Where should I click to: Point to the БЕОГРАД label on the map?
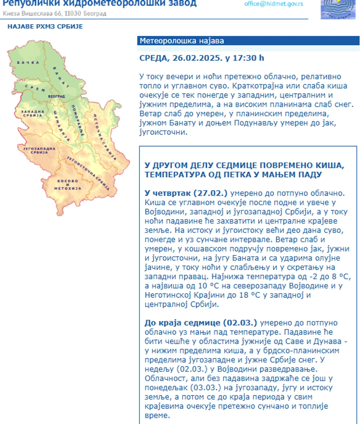pos(56,96)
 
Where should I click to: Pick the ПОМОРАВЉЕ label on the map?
pos(79,120)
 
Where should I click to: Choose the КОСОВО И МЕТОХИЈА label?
pos(67,185)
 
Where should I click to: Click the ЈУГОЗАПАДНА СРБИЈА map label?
pos(39,150)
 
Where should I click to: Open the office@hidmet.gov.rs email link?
pos(273,4)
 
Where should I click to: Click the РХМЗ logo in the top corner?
pos(335,8)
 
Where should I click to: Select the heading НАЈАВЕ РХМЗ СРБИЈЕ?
pos(45,26)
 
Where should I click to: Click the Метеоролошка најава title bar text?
pos(182,41)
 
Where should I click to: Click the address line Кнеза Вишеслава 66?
pos(33,13)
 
